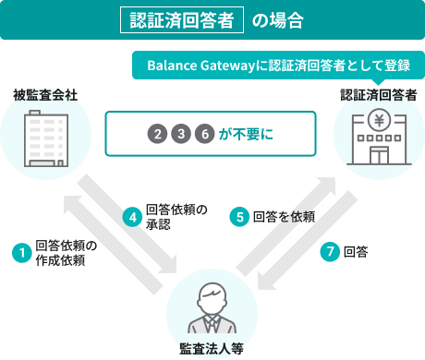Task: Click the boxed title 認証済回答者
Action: coord(182,19)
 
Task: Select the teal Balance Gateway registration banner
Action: coord(272,66)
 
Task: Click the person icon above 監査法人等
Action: coord(212,310)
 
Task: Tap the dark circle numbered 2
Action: coord(159,135)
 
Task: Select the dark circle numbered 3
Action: coord(182,135)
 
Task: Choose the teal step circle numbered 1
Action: coord(19,252)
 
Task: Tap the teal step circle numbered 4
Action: coord(132,217)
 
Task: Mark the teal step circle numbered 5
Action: coord(239,217)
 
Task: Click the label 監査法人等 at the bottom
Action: coord(212,348)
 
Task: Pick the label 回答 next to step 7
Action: coord(356,252)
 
